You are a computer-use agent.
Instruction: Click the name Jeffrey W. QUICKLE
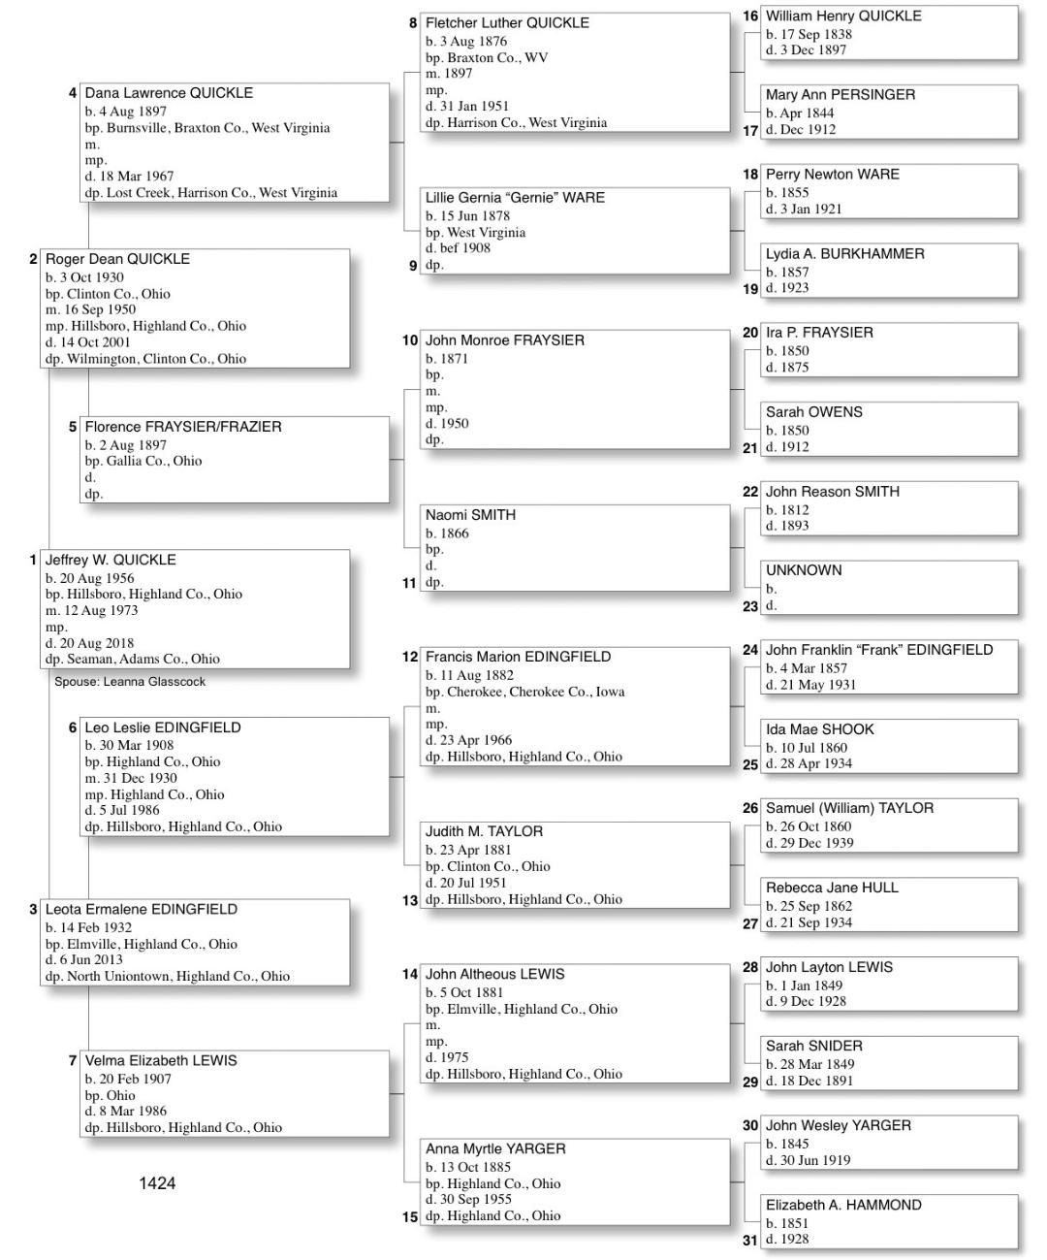(x=111, y=560)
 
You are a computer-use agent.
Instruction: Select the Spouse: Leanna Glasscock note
(x=130, y=681)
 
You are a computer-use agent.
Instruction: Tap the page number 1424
(x=157, y=1182)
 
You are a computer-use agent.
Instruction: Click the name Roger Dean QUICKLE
(x=117, y=259)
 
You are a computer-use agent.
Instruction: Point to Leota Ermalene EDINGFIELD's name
(x=141, y=909)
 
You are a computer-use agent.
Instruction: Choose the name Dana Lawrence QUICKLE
(x=169, y=93)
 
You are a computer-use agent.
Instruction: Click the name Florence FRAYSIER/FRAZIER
(x=183, y=427)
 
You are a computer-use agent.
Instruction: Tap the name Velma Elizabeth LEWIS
(x=161, y=1060)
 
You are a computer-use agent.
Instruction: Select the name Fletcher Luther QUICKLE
(x=507, y=22)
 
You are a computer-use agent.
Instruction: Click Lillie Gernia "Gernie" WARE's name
(x=515, y=197)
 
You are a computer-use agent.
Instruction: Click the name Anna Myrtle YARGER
(x=495, y=1148)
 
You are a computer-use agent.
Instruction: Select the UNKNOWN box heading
(x=804, y=570)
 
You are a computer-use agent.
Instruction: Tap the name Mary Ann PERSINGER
(x=841, y=94)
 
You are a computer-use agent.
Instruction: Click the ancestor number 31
(x=750, y=1240)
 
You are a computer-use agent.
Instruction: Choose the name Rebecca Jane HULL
(x=832, y=888)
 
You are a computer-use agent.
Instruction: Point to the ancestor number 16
(x=750, y=16)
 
